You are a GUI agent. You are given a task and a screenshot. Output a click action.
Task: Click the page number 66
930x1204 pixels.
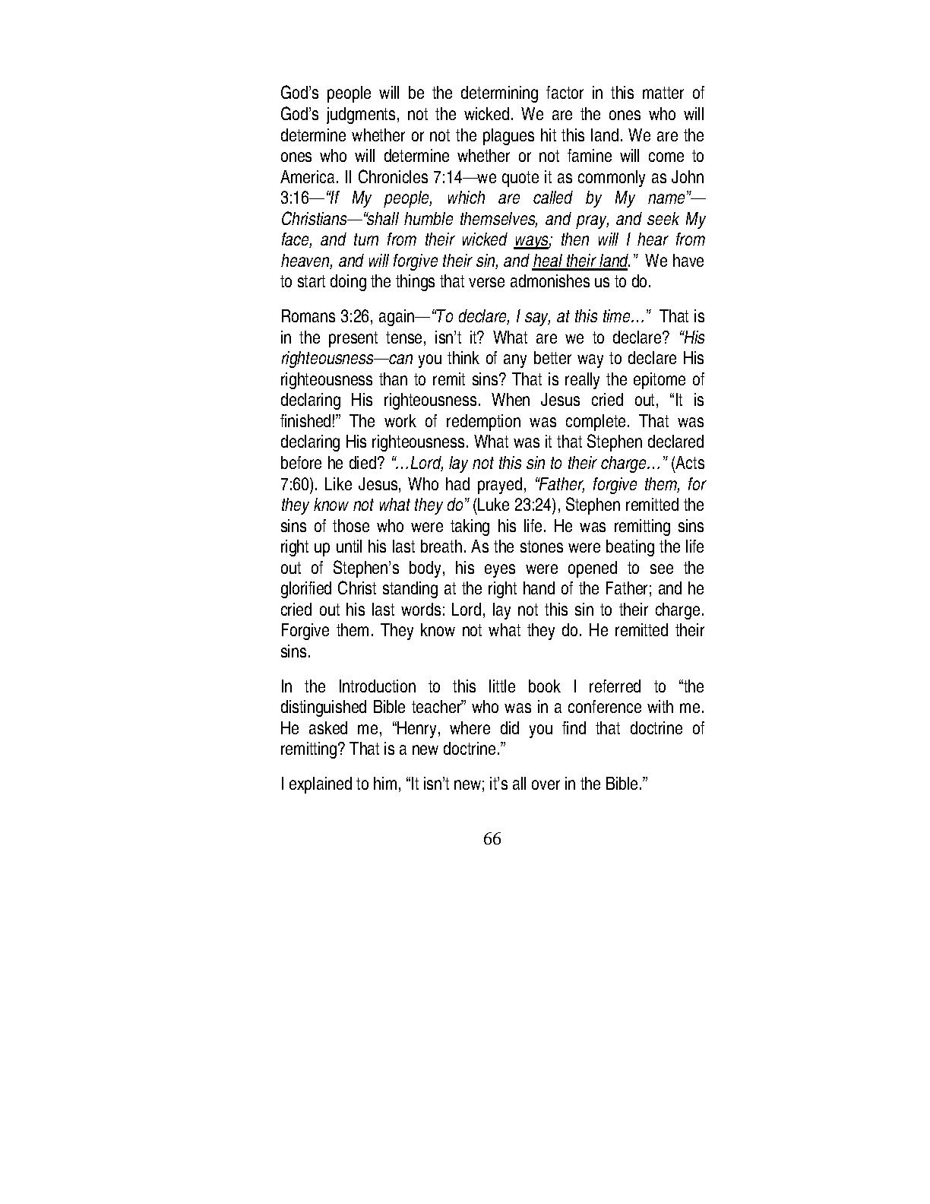(492, 839)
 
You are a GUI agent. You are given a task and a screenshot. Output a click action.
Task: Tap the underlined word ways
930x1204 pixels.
(530, 240)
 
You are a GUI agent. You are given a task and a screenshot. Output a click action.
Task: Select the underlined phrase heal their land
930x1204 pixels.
(580, 261)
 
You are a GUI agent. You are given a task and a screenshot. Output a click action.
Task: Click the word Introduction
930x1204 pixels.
(377, 687)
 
